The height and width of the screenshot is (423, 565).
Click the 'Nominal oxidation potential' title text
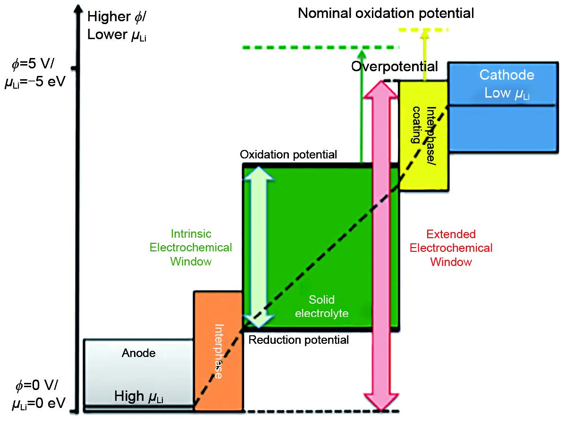pos(386,13)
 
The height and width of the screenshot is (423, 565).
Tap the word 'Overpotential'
pos(394,66)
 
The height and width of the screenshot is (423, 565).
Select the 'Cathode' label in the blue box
pos(506,75)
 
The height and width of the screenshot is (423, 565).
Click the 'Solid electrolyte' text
pos(321,306)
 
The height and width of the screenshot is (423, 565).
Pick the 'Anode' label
pos(138,353)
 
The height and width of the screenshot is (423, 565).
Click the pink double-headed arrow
pos(381,245)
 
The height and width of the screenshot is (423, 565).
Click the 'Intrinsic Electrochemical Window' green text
pos(191,248)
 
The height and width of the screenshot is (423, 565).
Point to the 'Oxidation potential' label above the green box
pos(288,155)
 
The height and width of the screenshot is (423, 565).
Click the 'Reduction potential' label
pos(298,340)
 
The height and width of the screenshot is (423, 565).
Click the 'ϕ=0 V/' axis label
pos(36,386)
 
